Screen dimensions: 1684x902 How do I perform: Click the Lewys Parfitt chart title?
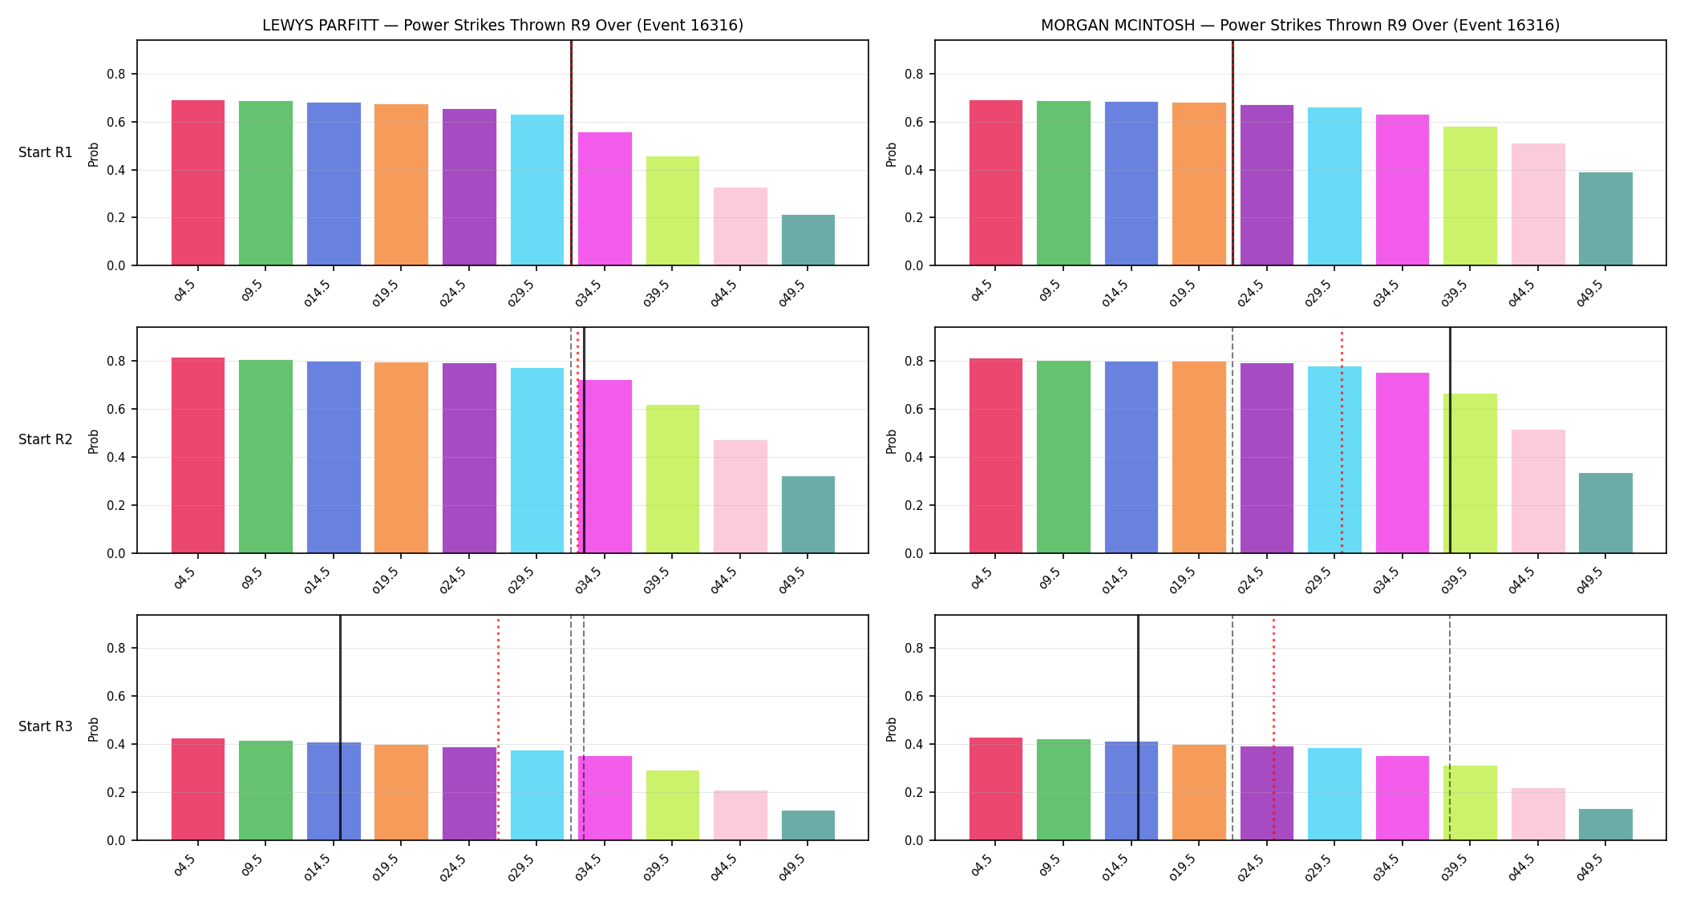(x=503, y=26)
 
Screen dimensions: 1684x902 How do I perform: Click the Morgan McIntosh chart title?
(x=1300, y=26)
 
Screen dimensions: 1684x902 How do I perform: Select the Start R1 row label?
(x=46, y=152)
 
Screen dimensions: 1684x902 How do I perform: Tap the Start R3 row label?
(x=46, y=726)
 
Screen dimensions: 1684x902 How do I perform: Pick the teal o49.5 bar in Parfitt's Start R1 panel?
(x=808, y=240)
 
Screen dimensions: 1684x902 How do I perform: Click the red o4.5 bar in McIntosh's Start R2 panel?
(x=996, y=455)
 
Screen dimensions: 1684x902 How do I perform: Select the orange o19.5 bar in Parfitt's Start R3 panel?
(x=401, y=792)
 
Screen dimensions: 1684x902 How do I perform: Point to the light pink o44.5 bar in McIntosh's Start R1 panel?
(x=1538, y=204)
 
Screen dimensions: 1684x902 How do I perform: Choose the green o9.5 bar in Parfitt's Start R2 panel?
(x=265, y=456)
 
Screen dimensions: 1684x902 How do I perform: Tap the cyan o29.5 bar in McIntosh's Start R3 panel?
(x=1334, y=794)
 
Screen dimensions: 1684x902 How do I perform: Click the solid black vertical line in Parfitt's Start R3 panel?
(x=340, y=728)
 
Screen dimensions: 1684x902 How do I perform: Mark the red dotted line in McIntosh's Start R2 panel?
(x=1342, y=440)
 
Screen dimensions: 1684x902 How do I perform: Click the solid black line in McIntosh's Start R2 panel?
(x=1450, y=440)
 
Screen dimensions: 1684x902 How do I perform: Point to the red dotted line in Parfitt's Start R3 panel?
(x=498, y=728)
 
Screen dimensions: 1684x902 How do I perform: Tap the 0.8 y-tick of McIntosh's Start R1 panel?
(x=914, y=75)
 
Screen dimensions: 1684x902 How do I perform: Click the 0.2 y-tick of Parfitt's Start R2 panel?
(x=116, y=505)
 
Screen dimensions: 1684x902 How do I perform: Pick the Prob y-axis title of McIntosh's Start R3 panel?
(x=892, y=729)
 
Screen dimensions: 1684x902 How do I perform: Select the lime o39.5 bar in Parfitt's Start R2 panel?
(x=673, y=479)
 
